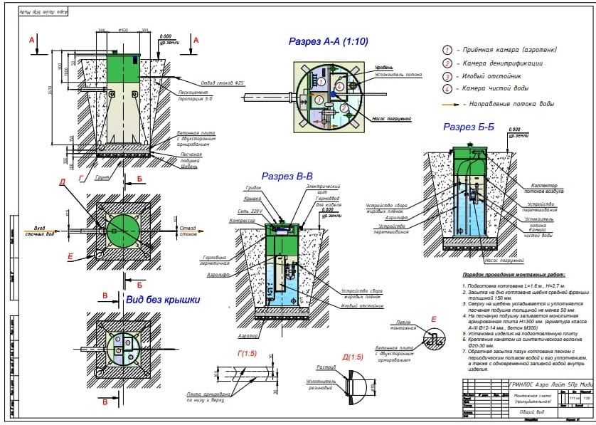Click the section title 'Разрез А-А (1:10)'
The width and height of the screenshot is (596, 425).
tap(328, 42)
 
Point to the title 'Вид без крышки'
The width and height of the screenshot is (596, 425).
tap(162, 300)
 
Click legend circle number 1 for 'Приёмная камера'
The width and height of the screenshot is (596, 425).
tap(447, 50)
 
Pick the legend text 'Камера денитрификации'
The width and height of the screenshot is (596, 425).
tap(504, 63)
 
